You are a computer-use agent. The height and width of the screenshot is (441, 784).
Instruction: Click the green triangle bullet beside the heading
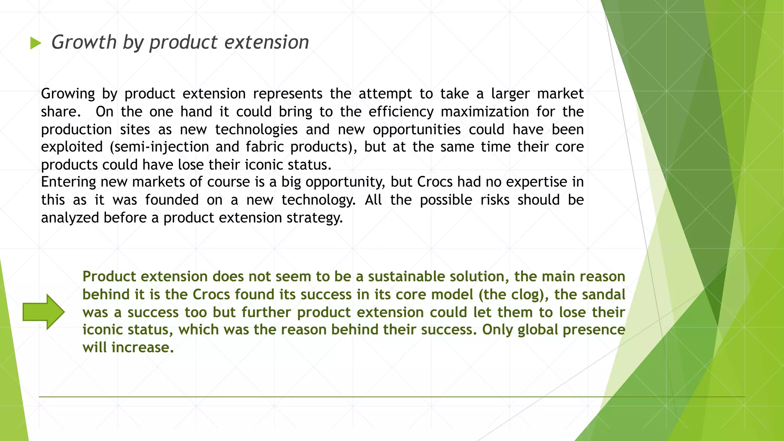coord(36,43)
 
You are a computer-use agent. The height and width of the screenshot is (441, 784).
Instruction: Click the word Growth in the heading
coord(84,42)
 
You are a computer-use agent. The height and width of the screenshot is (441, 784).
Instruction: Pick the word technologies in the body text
coord(256,130)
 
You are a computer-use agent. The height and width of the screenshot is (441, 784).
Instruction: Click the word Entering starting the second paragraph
coord(68,182)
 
